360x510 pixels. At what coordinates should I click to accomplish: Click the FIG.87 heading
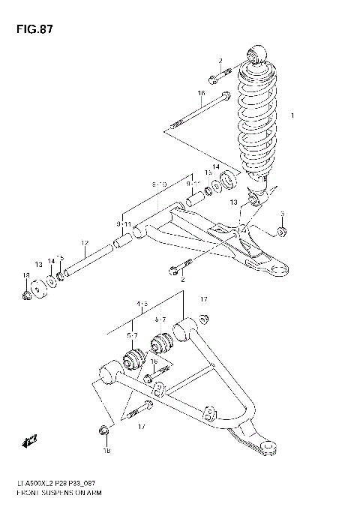31,29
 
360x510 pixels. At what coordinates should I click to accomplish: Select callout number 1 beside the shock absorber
293,115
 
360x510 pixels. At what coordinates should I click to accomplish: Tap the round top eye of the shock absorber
256,54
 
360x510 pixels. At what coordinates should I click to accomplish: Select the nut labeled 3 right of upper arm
281,231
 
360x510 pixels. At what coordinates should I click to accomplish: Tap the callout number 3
281,214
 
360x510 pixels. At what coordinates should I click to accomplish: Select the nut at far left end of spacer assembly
26,294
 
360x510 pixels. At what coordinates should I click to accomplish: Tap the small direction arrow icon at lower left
31,440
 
